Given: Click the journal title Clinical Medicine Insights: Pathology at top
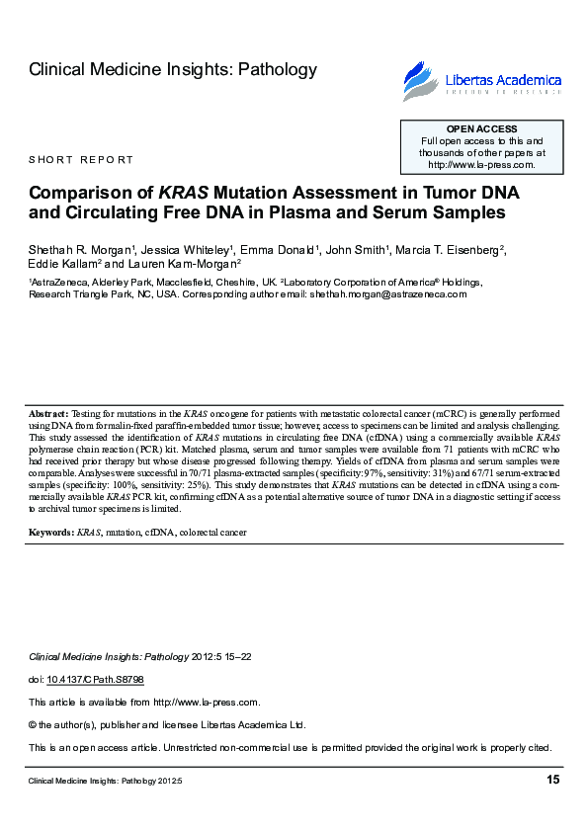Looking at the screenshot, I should pos(173,69).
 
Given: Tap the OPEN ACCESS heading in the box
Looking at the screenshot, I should pos(481,129).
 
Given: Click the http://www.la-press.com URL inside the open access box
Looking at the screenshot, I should pos(481,165).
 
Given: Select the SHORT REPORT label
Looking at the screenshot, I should pos(81,160).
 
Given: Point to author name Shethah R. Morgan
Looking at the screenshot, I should pos(80,249).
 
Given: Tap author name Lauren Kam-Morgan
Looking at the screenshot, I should pos(185,265).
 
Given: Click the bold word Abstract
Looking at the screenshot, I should pos(47,412).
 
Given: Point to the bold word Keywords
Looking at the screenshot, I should pos(51,533).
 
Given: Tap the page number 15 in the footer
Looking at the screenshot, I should pos(552,781).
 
